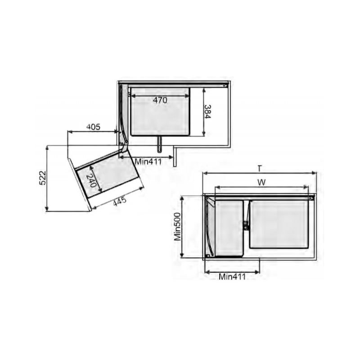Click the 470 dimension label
[x=159, y=100]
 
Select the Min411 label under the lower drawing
[x=232, y=276]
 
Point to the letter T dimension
[x=259, y=168]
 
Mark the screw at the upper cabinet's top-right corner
[x=227, y=84]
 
